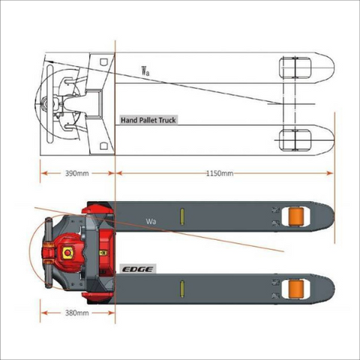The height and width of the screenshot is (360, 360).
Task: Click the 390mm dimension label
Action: point(77,173)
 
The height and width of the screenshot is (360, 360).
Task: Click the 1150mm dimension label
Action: point(220,173)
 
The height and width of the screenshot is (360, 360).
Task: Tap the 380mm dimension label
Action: point(77,313)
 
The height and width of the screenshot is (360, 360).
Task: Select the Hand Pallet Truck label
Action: point(148,120)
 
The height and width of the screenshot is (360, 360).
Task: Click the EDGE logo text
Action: point(138,269)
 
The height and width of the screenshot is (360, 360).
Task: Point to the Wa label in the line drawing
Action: point(145,70)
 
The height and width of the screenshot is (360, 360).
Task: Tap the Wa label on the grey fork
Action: point(151,221)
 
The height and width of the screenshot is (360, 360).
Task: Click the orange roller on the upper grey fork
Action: point(296,217)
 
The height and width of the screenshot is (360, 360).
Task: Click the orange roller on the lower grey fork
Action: point(296,289)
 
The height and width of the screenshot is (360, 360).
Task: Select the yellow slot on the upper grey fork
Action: point(182,217)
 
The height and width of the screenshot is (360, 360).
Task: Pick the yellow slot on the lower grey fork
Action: point(182,289)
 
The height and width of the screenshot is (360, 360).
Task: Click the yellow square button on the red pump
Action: point(67,253)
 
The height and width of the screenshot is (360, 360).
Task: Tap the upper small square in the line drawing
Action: point(103,61)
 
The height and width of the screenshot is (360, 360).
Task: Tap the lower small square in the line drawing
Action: point(103,146)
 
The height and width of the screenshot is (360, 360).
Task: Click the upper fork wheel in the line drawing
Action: point(295,67)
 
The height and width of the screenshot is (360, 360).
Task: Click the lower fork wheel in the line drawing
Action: point(295,140)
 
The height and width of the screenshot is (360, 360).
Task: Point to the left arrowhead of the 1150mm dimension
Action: point(119,173)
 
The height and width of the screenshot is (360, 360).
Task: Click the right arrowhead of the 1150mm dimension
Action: point(330,173)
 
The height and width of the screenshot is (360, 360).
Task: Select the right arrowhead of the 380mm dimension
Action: point(112,313)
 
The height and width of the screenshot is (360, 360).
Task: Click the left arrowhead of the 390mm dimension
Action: point(44,173)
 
